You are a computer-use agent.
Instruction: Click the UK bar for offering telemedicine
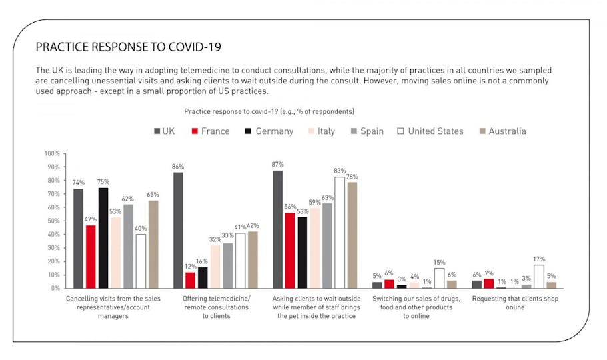[x=178, y=230]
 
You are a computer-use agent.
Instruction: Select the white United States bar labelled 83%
[x=340, y=233]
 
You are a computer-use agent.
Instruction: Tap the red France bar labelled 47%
[x=91, y=257]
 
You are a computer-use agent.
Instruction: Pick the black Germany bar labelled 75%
[x=103, y=238]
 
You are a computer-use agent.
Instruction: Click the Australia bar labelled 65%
[x=153, y=244]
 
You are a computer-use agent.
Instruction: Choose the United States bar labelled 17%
[x=539, y=277]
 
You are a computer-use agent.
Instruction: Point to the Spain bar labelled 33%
[x=228, y=266]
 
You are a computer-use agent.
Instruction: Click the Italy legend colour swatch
[x=311, y=131]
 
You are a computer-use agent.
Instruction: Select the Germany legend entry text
[x=274, y=131]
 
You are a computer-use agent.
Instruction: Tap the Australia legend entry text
[x=507, y=131]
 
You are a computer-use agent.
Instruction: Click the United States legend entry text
[x=436, y=131]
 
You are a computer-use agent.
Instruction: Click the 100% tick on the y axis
[x=52, y=153]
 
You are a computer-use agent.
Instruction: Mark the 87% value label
[x=278, y=164]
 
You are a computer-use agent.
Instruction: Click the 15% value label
[x=439, y=263]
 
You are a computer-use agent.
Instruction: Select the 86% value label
[x=178, y=167]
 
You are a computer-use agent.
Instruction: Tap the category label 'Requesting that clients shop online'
[x=515, y=303]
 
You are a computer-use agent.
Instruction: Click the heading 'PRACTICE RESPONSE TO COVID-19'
[x=128, y=47]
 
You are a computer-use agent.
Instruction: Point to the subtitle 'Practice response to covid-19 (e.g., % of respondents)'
[x=269, y=111]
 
